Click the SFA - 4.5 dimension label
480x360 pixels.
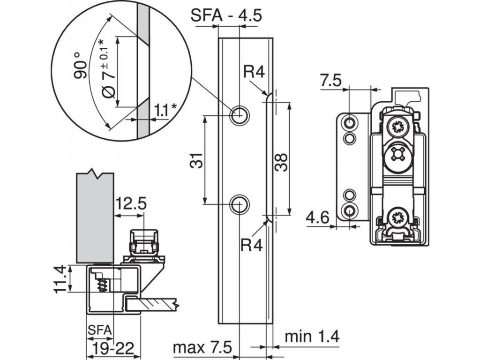click(226, 15)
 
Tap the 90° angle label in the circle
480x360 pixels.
click(81, 65)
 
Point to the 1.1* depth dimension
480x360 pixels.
click(165, 110)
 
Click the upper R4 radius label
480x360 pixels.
click(254, 72)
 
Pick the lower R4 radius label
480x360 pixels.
click(251, 245)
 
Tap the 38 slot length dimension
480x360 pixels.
click(281, 162)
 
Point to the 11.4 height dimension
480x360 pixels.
click(60, 279)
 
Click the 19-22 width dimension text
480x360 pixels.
click(113, 348)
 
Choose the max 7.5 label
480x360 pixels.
click(202, 347)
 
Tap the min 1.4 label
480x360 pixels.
click(312, 337)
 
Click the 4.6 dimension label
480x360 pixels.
click(318, 217)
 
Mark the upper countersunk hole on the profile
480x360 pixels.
click(240, 116)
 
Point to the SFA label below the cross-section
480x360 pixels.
click(100, 330)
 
